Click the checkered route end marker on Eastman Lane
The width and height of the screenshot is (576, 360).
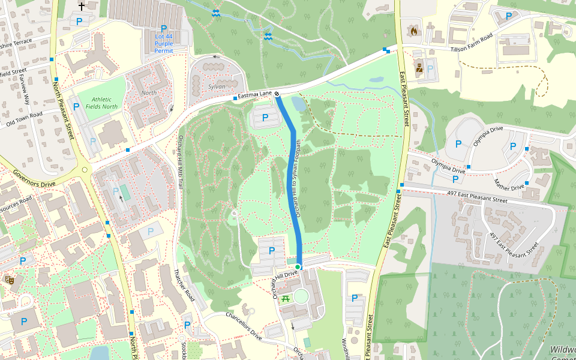coord(277,94)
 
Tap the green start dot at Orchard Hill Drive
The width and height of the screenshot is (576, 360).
coord(298,266)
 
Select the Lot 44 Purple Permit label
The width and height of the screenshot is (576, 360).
coord(164,43)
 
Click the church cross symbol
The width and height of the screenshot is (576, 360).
coord(82,7)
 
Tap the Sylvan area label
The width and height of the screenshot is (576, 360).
coord(217,86)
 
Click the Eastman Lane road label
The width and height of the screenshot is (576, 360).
coord(255,95)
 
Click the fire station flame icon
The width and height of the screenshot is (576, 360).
coord(413,30)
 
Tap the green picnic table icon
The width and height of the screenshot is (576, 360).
coord(286,298)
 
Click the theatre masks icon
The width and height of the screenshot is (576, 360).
coord(10,279)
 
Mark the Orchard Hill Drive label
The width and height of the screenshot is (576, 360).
coord(286,277)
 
